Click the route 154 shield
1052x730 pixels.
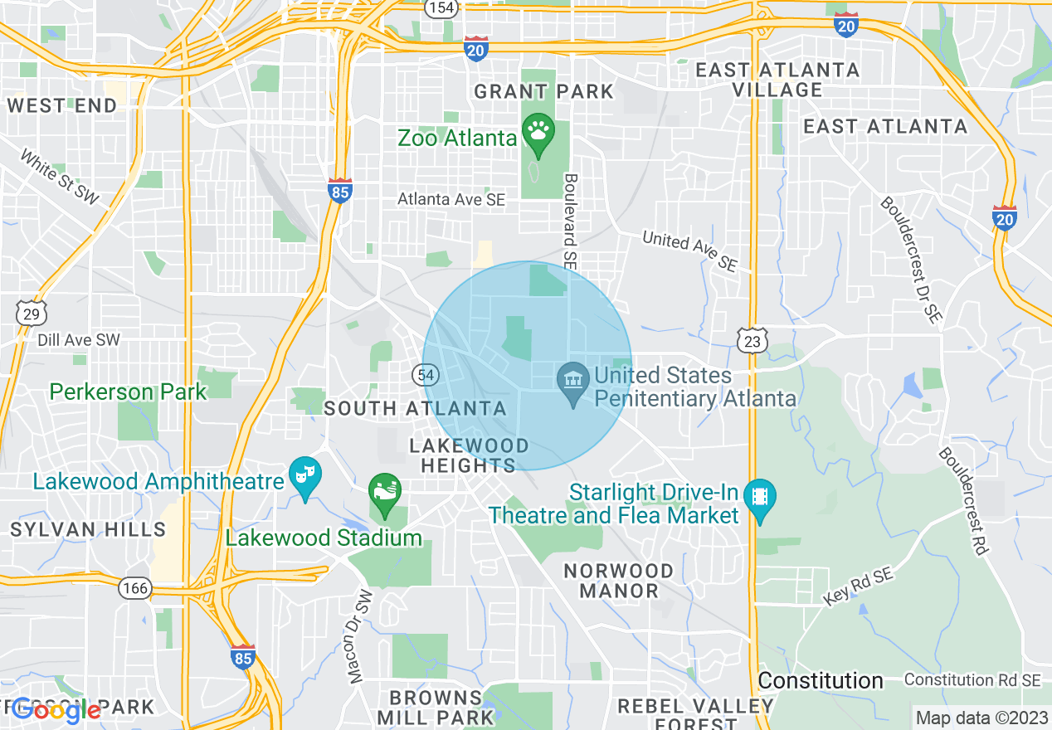pyautogui.click(x=441, y=7)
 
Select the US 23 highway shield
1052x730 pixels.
pyautogui.click(x=751, y=340)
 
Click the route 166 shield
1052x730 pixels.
pyautogui.click(x=134, y=589)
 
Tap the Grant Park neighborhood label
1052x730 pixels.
pyautogui.click(x=543, y=91)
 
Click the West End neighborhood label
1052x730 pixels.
pyautogui.click(x=62, y=105)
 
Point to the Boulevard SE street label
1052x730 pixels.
pyautogui.click(x=570, y=220)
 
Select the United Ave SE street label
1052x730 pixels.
pyautogui.click(x=689, y=251)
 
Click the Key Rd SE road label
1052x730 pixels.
pyautogui.click(x=860, y=586)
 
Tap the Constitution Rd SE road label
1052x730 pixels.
pyautogui.click(x=972, y=680)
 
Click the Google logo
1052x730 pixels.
pyautogui.click(x=56, y=710)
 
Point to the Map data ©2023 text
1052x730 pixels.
pyautogui.click(x=981, y=718)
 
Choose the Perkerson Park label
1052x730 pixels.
pyautogui.click(x=128, y=392)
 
